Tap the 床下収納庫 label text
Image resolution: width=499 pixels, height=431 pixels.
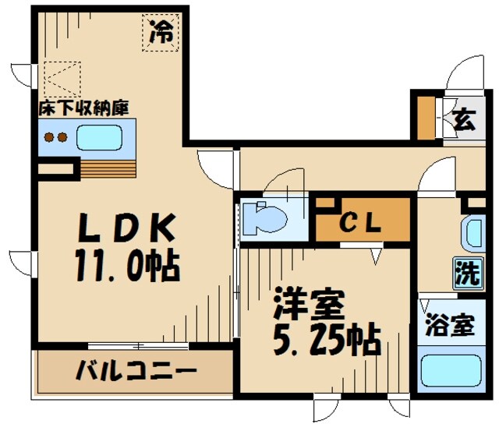point(84,108)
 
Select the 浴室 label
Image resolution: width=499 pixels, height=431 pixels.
point(450,326)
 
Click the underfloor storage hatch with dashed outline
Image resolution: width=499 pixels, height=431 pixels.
point(62,78)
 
